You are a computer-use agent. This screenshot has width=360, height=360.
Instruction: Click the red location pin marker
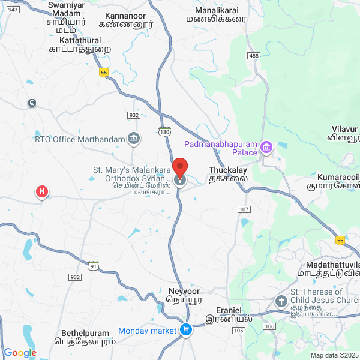tap(179, 167)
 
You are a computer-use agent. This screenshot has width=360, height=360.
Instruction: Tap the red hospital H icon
tap(41, 192)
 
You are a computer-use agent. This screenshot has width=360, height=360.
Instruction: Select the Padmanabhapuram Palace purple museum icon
tap(266, 146)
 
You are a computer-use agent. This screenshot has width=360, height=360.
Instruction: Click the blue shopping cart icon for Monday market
tap(185, 330)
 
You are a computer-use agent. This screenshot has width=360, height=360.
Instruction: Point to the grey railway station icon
tap(31, 103)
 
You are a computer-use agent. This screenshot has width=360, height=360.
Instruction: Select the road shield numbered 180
tap(164, 132)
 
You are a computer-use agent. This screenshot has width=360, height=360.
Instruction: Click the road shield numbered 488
tap(254, 56)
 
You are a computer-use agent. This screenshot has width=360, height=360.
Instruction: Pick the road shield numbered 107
tap(244, 209)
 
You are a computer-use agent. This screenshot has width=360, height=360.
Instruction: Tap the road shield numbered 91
tap(93, 265)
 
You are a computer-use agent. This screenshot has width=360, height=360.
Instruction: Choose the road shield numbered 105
tap(238, 330)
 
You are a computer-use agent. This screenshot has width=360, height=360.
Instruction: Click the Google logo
tap(20, 353)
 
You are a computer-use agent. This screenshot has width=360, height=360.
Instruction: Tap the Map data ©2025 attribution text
tap(334, 355)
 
